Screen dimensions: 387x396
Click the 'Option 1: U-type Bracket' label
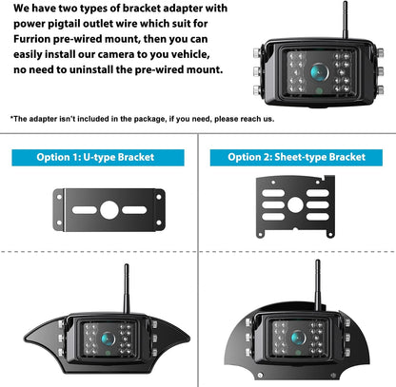(x=99, y=158)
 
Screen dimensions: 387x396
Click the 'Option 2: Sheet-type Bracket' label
(x=295, y=158)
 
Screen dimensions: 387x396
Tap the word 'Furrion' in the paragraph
(x=38, y=41)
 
